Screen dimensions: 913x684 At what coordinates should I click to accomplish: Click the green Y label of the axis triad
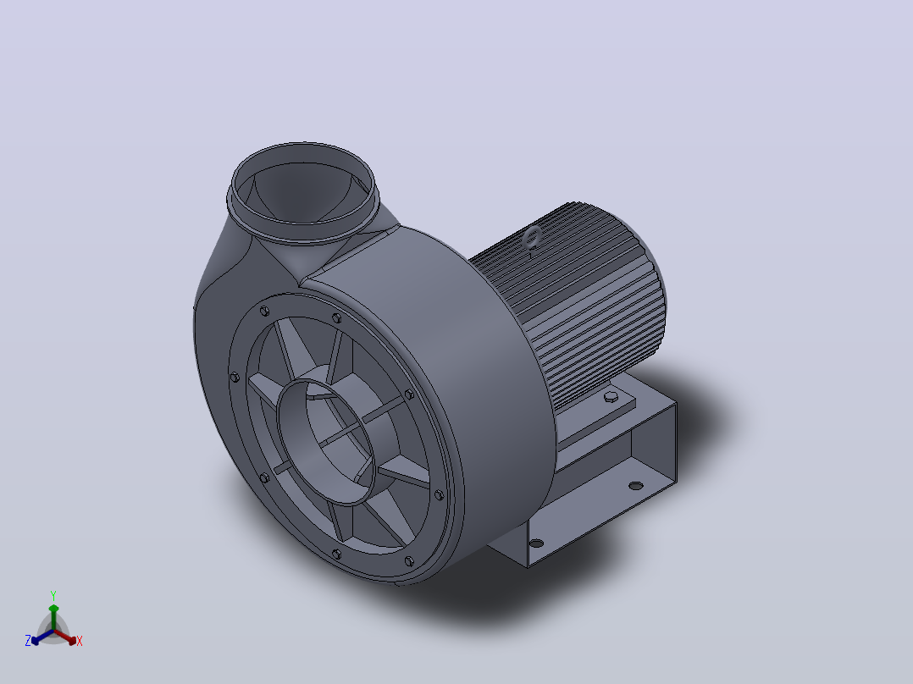coord(53,595)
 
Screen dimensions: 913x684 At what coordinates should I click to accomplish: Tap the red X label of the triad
coord(80,641)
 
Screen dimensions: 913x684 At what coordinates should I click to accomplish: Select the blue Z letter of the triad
coord(28,640)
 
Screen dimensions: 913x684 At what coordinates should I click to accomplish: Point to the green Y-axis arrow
coord(53,617)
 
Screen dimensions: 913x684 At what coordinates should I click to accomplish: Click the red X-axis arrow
coord(65,637)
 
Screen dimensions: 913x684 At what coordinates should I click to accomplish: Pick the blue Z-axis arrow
coord(42,637)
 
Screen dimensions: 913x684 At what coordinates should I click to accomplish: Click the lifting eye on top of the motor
coord(532,238)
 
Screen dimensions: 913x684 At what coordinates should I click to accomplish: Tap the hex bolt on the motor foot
coord(611,397)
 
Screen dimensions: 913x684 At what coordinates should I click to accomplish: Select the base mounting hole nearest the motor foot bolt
coord(636,485)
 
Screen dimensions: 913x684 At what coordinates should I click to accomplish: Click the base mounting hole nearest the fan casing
coord(536,543)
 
